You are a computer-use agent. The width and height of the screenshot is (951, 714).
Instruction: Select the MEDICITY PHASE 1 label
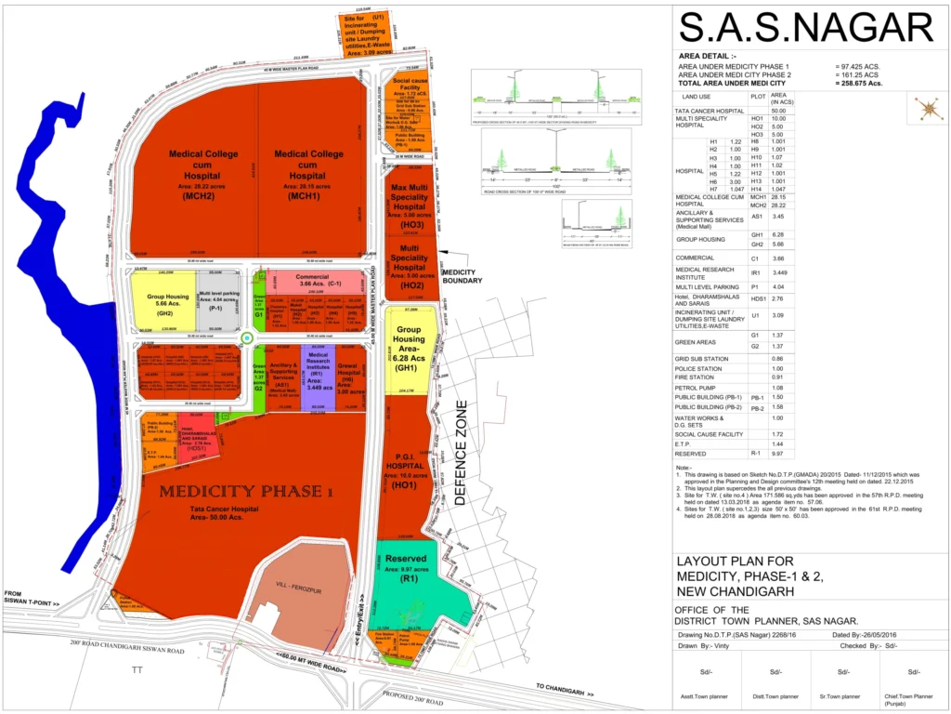click(x=245, y=491)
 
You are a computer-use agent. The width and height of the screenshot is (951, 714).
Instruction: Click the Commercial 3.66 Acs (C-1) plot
click(x=319, y=281)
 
